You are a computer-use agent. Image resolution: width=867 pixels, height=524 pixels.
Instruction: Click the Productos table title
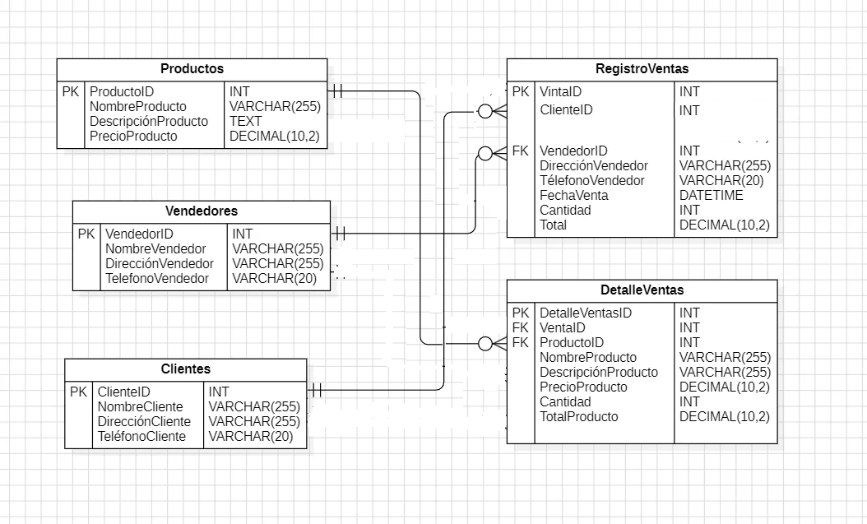coord(192,69)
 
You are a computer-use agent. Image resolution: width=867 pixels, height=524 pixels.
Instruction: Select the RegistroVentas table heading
coord(642,69)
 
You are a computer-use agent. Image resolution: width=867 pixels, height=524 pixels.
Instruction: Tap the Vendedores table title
coord(201,211)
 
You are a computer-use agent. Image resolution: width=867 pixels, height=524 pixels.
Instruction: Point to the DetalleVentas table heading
coord(642,290)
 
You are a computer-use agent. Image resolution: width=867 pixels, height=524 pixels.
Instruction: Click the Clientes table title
coord(185,369)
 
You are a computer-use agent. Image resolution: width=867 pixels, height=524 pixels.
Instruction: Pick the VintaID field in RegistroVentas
coord(560,92)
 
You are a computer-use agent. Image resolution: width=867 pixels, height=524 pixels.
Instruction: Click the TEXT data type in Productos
coord(245,122)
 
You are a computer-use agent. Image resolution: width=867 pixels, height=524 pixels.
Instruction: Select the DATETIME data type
coord(711,196)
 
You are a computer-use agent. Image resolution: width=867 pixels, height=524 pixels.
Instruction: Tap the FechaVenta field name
coord(573,196)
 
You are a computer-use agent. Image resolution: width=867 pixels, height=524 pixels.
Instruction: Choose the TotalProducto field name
coord(578,417)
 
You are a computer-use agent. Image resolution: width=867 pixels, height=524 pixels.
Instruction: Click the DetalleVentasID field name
coord(585,313)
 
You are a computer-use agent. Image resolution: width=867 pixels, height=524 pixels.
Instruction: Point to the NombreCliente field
coord(140,407)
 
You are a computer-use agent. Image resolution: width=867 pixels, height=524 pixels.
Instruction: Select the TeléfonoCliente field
coord(141,437)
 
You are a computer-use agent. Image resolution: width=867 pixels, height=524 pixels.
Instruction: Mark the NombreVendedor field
coord(155,249)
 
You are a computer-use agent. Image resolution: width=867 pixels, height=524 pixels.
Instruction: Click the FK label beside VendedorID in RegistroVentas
coord(520,151)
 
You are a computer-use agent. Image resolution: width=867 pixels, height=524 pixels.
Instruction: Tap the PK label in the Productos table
coord(71,92)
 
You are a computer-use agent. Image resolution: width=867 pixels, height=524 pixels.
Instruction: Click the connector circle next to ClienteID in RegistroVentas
coord(485,111)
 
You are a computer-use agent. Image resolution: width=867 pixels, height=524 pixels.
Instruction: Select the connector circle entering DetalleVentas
coord(485,343)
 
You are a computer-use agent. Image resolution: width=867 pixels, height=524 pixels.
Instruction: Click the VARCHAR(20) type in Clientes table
coord(250,437)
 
